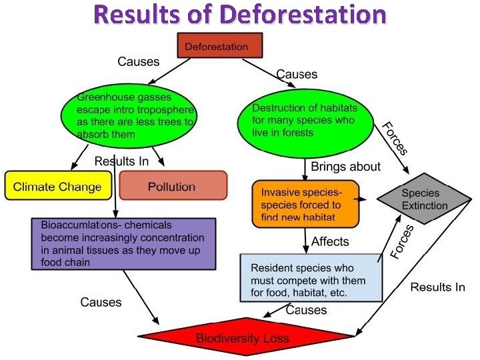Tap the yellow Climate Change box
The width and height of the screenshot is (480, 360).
57,186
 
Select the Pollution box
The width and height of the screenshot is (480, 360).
173,186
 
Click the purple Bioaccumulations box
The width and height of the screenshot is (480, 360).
123,243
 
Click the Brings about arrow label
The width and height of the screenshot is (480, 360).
345,167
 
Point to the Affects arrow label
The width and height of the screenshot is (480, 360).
330,241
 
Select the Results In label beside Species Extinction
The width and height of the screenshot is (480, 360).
437,287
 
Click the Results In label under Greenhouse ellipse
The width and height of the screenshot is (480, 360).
122,161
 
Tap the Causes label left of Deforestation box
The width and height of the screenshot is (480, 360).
139,61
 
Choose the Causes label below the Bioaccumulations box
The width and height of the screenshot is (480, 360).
101,302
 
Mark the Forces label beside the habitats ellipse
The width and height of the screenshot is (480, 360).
394,139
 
